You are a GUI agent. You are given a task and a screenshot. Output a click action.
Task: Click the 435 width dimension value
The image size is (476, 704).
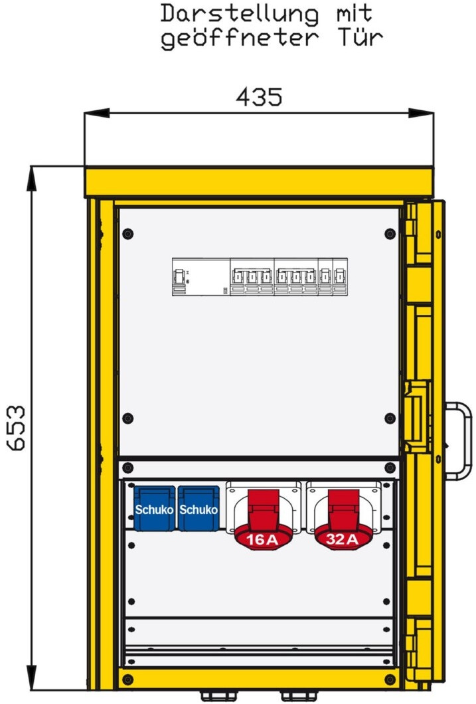[x=259, y=96]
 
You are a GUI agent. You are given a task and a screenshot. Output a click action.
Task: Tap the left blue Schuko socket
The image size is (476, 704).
[x=154, y=508]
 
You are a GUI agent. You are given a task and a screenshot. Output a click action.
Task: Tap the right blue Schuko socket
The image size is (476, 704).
[x=198, y=508]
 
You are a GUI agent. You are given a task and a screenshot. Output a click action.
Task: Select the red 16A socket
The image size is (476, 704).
[x=263, y=516]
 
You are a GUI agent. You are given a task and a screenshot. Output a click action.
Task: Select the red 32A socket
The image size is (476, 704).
[x=343, y=516]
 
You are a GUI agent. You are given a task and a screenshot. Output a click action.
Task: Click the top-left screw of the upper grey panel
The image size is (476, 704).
[x=128, y=234]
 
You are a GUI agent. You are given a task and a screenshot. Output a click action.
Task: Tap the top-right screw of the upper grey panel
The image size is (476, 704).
[x=390, y=234]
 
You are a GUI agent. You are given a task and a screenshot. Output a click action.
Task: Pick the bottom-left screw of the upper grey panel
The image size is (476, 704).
[x=128, y=418]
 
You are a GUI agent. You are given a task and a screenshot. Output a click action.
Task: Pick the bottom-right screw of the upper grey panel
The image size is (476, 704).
[x=390, y=418]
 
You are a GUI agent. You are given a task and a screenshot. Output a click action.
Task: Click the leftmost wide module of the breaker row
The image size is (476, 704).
[x=201, y=276]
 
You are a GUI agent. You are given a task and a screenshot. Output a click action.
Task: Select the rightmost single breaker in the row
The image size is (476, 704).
[x=341, y=276]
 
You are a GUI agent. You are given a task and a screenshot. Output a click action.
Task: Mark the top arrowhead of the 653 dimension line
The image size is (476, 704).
[x=32, y=179]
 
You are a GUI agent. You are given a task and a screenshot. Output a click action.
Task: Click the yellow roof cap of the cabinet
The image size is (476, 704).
[x=260, y=182]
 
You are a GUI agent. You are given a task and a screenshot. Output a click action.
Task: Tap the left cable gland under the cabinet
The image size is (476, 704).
[x=218, y=697]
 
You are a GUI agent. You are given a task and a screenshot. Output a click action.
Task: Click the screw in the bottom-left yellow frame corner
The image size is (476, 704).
[x=128, y=679]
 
